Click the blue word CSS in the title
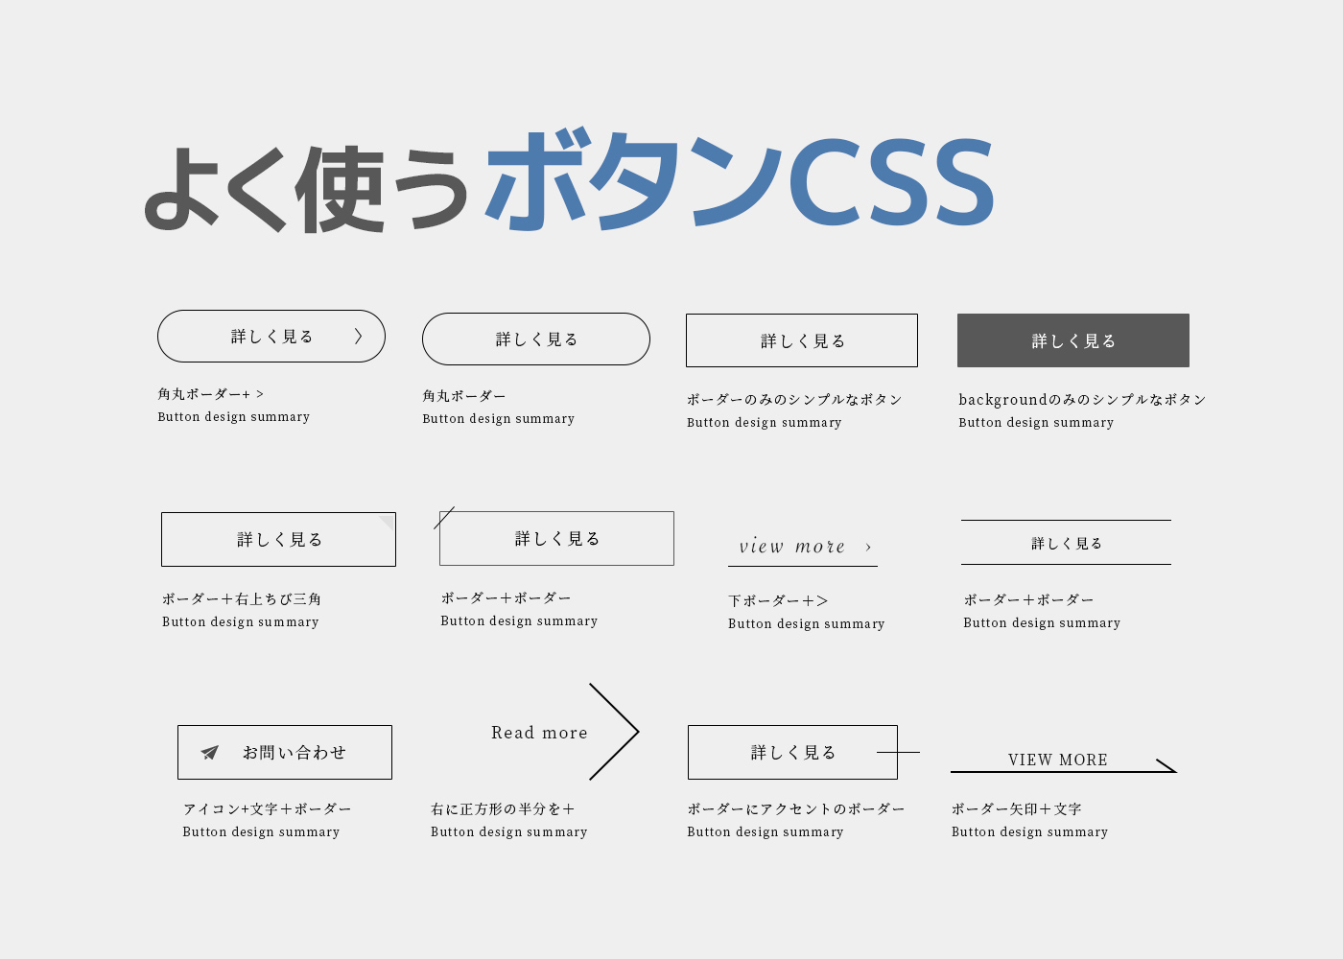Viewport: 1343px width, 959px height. (892, 182)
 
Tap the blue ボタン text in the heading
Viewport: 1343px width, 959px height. (633, 182)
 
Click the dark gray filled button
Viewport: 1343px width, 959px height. (1072, 340)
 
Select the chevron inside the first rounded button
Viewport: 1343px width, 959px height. (359, 336)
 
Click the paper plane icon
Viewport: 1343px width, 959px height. (210, 753)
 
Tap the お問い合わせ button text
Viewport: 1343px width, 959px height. (294, 753)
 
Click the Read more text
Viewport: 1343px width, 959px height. (539, 733)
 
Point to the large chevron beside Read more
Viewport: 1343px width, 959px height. (616, 732)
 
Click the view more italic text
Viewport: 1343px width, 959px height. (791, 547)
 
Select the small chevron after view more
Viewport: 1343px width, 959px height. (868, 548)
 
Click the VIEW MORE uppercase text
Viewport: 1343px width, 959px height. (1057, 760)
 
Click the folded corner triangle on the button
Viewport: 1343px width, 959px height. (388, 522)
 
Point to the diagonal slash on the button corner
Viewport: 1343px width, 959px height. (444, 518)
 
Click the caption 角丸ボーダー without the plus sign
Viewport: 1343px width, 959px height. (464, 396)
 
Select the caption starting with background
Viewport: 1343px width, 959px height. (1082, 400)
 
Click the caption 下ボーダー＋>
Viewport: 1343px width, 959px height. (778, 601)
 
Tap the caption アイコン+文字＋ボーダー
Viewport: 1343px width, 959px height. (267, 809)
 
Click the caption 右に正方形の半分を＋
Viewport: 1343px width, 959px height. (503, 809)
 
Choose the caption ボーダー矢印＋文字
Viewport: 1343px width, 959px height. (1016, 809)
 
